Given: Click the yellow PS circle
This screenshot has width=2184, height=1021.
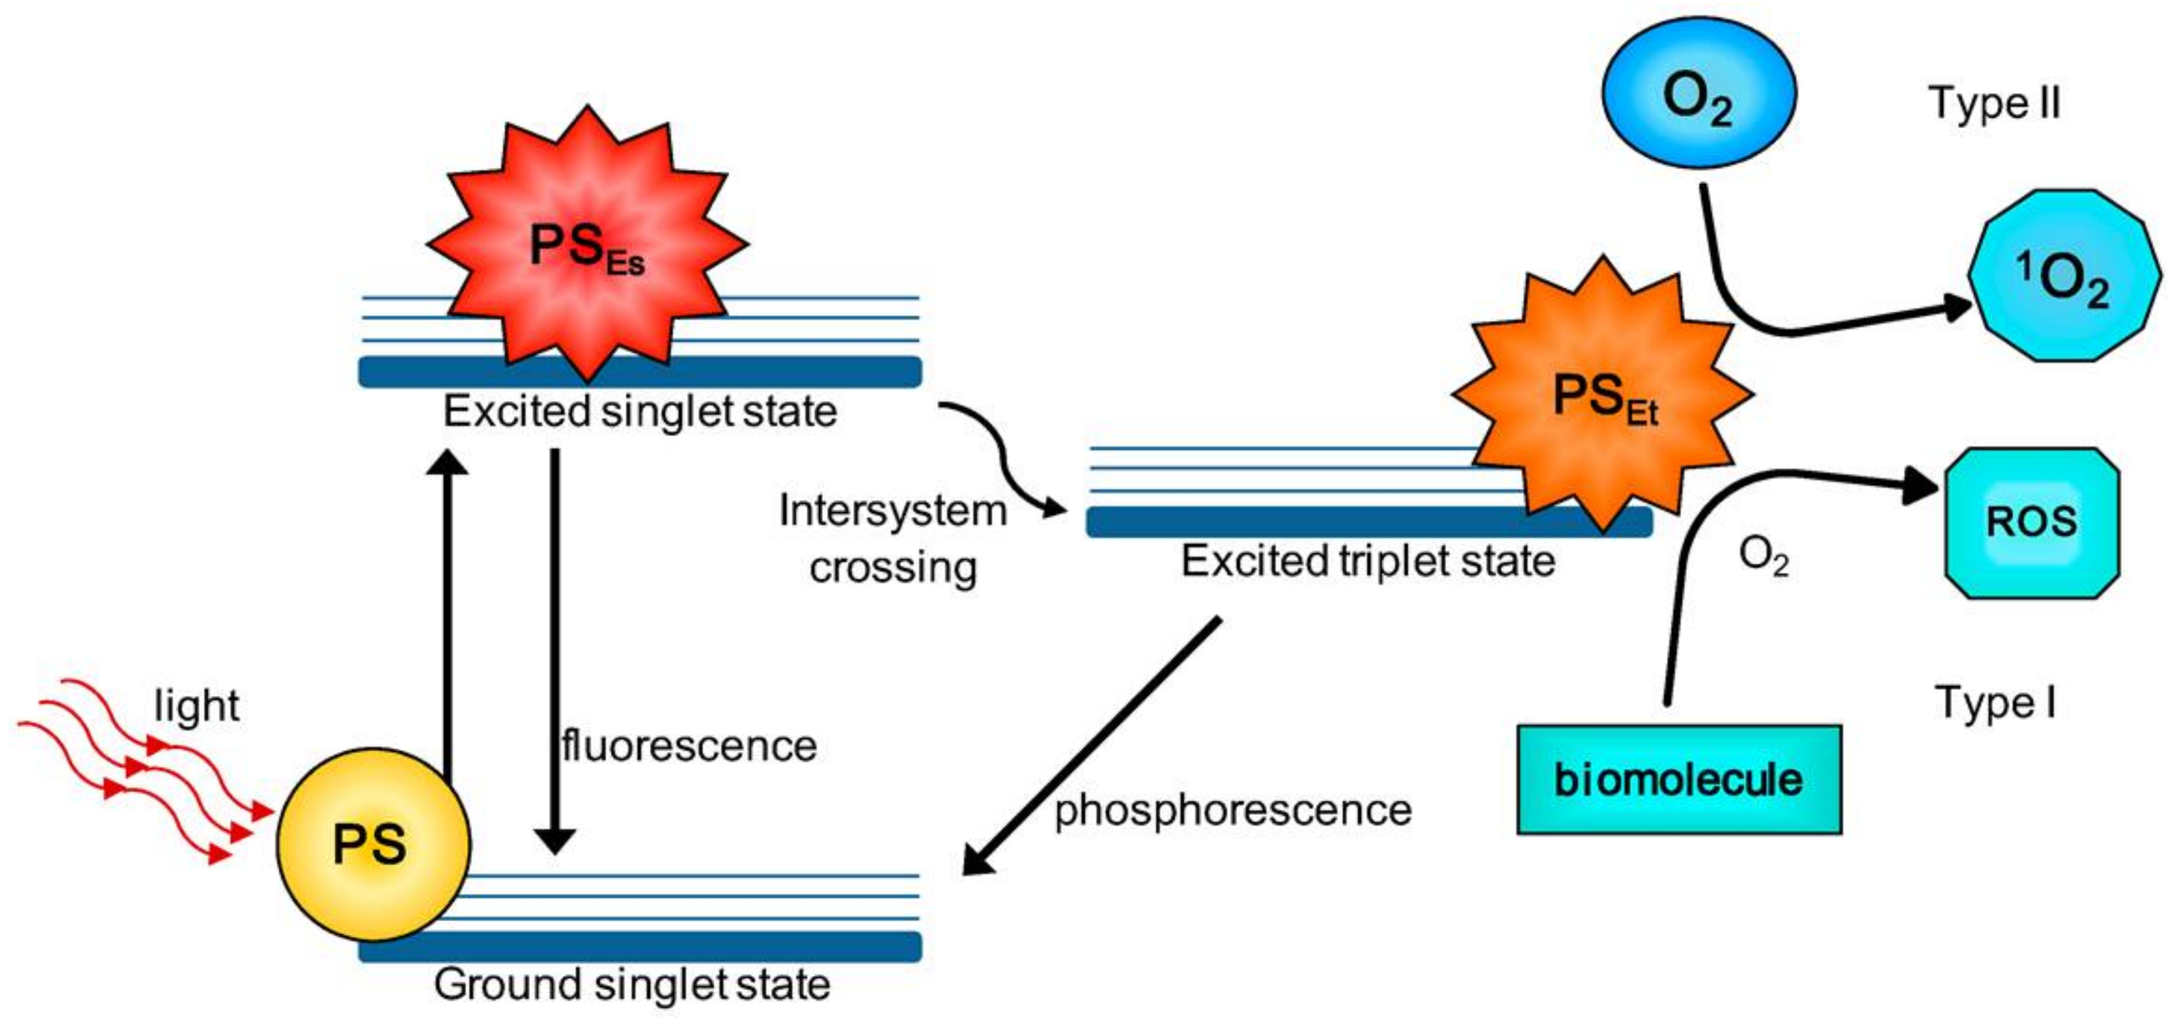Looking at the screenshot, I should [x=373, y=843].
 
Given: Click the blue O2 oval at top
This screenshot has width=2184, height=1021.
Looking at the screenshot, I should [x=1698, y=93].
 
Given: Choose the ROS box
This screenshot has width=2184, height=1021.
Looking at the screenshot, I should [x=2031, y=522].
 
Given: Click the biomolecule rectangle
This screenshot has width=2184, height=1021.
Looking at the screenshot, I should [x=1678, y=779].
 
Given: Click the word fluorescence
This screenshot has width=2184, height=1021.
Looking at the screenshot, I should [x=688, y=746].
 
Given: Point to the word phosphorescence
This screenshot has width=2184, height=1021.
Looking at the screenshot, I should [x=1232, y=810].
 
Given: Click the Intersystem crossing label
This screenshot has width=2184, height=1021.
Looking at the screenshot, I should [x=892, y=539].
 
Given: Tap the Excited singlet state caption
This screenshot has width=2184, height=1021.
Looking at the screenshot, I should [x=640, y=412].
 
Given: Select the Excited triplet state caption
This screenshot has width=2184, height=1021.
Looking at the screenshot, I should [x=1368, y=561].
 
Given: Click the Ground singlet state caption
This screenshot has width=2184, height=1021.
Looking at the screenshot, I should [x=632, y=984].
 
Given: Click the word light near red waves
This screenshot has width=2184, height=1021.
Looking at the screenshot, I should [x=197, y=706].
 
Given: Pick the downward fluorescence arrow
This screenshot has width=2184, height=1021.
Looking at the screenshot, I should [x=555, y=644].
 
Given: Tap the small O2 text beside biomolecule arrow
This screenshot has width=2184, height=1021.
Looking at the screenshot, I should [x=1763, y=557].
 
